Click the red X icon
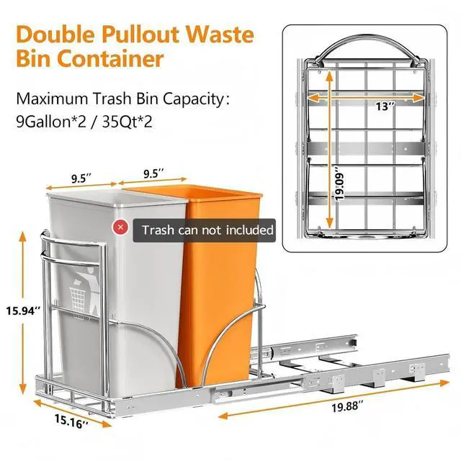click(120, 228)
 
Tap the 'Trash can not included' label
click(207, 229)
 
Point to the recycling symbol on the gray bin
click(80, 288)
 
